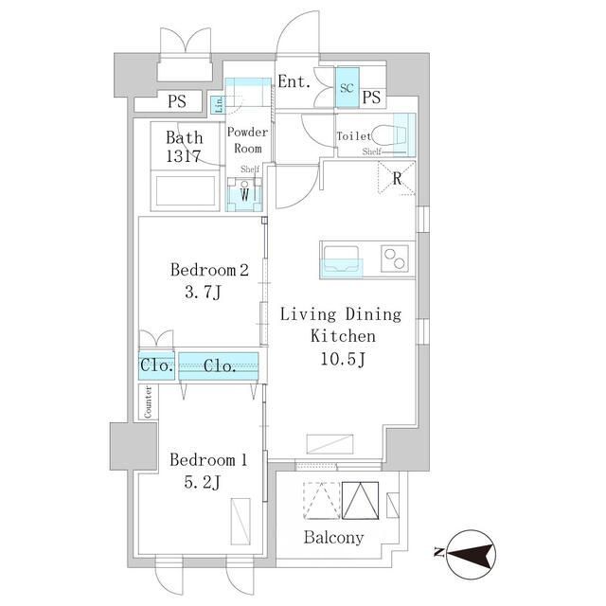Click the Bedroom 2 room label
coord(209,270)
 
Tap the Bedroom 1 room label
coord(208,460)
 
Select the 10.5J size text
coord(343,360)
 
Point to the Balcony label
coord(333,538)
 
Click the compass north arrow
coord(471,555)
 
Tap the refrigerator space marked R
coord(397,179)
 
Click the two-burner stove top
coord(395,258)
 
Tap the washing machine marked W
coord(244,194)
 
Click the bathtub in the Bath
coord(186,191)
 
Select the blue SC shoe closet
coord(348,88)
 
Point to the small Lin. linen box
coord(219,104)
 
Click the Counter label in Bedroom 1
coord(148,401)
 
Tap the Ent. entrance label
coord(294,82)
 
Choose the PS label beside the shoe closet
coord(371,97)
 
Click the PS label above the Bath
coord(177,101)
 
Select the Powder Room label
coord(247,140)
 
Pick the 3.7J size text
coord(203,293)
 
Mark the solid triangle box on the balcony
coord(360,501)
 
